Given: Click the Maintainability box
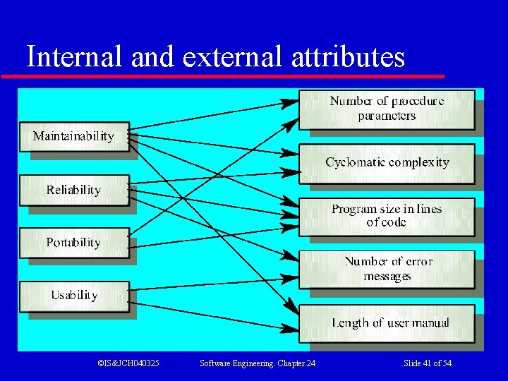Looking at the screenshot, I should point(73,136).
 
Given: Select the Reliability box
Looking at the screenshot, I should point(73,190).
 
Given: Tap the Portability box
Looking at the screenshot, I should point(73,242).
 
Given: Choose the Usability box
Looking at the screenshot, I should point(73,295).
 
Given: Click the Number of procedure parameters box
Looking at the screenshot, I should point(387,109).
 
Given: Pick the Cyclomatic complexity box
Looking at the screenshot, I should point(387,162).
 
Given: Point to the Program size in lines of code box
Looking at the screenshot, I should point(387,215).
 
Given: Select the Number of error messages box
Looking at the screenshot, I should point(387,269).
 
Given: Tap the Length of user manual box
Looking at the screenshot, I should point(387,322).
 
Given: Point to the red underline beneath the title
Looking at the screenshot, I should point(223,75).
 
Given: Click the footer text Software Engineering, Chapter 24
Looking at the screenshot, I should point(258,363).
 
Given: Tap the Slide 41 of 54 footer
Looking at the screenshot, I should point(428,363).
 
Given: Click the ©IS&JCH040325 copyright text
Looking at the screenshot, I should point(128,363).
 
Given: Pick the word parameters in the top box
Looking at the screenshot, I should point(387,116).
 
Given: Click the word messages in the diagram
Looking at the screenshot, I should point(387,276).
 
